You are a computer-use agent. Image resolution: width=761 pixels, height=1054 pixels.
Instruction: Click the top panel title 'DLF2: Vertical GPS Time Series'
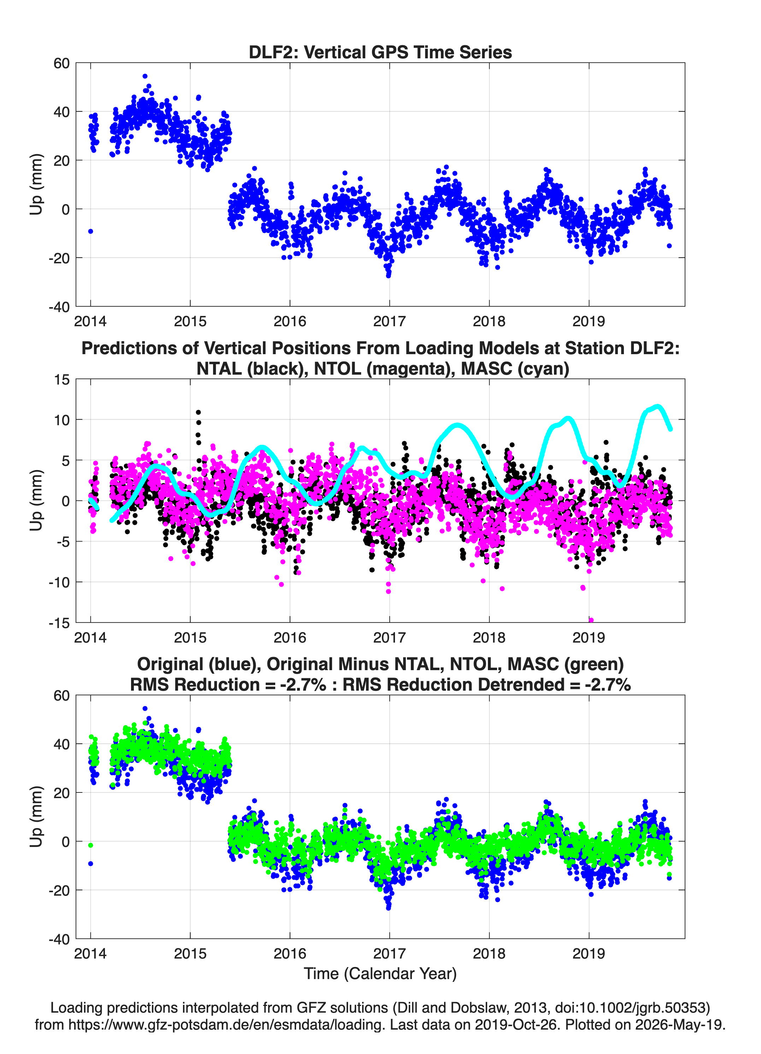(x=380, y=52)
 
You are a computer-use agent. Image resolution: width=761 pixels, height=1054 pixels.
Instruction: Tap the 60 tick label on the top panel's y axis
(x=61, y=63)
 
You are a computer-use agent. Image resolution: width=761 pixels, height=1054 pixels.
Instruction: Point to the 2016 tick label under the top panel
(x=290, y=321)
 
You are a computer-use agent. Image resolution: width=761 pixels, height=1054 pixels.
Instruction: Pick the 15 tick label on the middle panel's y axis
(x=62, y=380)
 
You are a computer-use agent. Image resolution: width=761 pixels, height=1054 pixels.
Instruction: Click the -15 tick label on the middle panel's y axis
(x=59, y=623)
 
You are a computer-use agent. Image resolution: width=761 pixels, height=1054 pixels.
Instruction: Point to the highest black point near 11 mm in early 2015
(x=199, y=412)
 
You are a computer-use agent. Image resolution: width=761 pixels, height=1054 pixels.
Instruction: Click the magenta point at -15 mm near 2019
(x=591, y=620)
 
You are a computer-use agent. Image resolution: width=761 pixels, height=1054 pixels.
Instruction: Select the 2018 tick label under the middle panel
(x=489, y=638)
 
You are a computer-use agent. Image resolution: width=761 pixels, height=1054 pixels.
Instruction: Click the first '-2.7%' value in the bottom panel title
(x=303, y=685)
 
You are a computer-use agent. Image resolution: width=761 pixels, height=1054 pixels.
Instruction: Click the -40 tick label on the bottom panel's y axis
(x=59, y=939)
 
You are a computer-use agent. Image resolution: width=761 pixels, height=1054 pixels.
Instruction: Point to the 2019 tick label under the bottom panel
(x=589, y=954)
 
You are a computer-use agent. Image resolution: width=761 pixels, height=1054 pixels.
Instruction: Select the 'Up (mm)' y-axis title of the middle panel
(x=36, y=500)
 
